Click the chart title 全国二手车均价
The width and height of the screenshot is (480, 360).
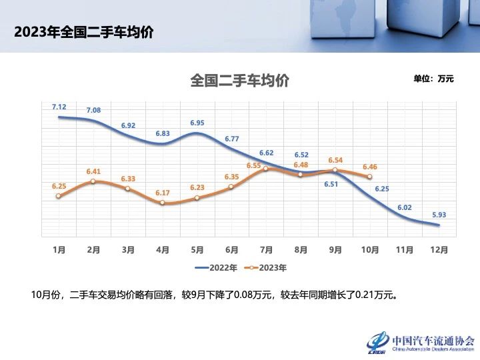click(x=239, y=81)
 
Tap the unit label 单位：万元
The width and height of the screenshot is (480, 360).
click(x=433, y=79)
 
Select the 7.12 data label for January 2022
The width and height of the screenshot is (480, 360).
click(x=59, y=107)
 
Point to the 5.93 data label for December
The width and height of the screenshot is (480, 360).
click(x=439, y=215)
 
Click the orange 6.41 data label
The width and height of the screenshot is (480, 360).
click(x=93, y=171)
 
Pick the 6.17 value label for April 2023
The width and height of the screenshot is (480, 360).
click(x=163, y=193)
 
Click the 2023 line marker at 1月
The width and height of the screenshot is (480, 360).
click(x=59, y=195)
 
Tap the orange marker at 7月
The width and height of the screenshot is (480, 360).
click(x=266, y=169)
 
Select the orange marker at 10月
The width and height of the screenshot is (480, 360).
click(x=369, y=176)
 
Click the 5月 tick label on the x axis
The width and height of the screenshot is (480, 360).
click(x=197, y=250)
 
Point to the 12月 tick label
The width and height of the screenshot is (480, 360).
click(x=439, y=250)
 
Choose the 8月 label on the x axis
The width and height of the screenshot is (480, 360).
click(x=301, y=250)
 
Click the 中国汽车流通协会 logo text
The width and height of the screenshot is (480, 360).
click(x=433, y=339)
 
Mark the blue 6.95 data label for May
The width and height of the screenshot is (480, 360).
click(x=197, y=123)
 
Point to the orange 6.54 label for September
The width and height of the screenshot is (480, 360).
click(x=335, y=161)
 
